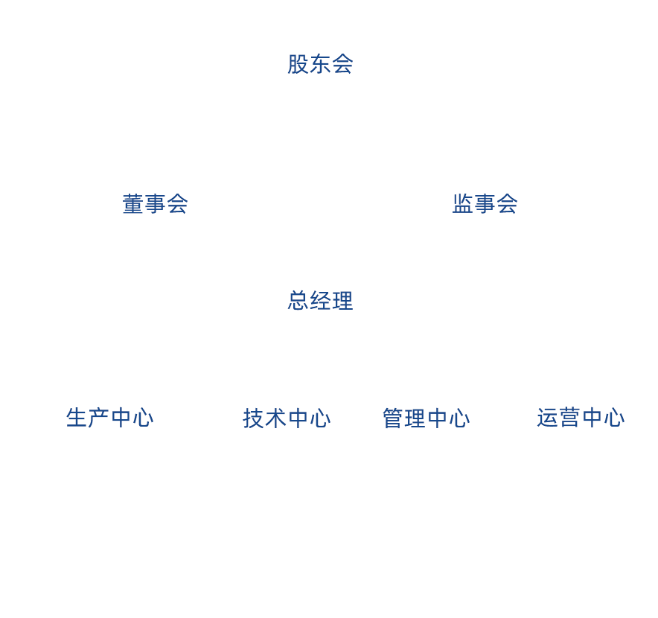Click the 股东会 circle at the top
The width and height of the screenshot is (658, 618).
[320, 64]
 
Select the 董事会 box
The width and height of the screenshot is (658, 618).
[155, 204]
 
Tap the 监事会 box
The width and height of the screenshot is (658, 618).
[484, 204]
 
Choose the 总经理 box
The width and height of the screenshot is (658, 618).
[320, 300]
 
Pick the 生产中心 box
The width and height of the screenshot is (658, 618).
[110, 417]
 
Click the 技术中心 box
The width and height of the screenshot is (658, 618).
[287, 418]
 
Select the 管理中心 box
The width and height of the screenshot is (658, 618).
[426, 418]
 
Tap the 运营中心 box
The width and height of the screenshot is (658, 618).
[581, 417]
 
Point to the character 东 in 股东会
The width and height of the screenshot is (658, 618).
[320, 64]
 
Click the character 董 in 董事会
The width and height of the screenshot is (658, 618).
[133, 204]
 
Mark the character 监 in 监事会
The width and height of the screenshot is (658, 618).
[462, 204]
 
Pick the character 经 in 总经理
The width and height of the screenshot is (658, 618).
[320, 300]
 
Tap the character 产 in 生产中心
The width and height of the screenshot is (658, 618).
[99, 417]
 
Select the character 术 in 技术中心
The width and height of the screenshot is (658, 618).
[276, 418]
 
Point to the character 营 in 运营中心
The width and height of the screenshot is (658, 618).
[569, 417]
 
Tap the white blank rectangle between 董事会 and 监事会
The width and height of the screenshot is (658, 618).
[320, 203]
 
